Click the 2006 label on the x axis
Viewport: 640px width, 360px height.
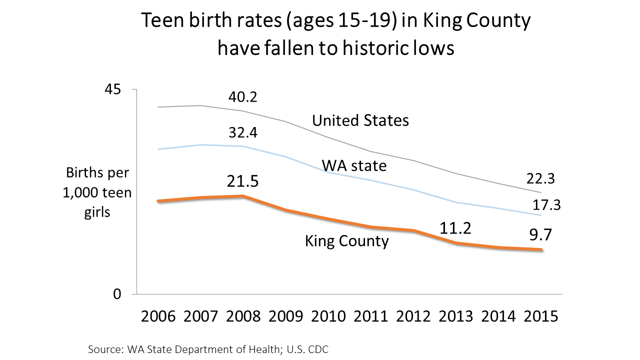158,317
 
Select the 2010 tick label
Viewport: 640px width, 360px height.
328,317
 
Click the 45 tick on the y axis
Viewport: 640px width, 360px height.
113,90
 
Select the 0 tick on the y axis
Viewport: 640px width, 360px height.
117,294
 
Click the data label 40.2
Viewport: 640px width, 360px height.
242,96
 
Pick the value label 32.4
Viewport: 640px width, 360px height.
242,133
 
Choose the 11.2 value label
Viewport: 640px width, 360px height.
456,228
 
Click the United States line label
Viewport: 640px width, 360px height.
360,120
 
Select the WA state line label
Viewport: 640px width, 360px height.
354,165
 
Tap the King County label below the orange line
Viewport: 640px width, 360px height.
347,241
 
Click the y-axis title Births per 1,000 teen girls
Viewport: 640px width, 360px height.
97,192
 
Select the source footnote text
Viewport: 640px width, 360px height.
208,349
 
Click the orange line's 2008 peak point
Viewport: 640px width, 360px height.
243,196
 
